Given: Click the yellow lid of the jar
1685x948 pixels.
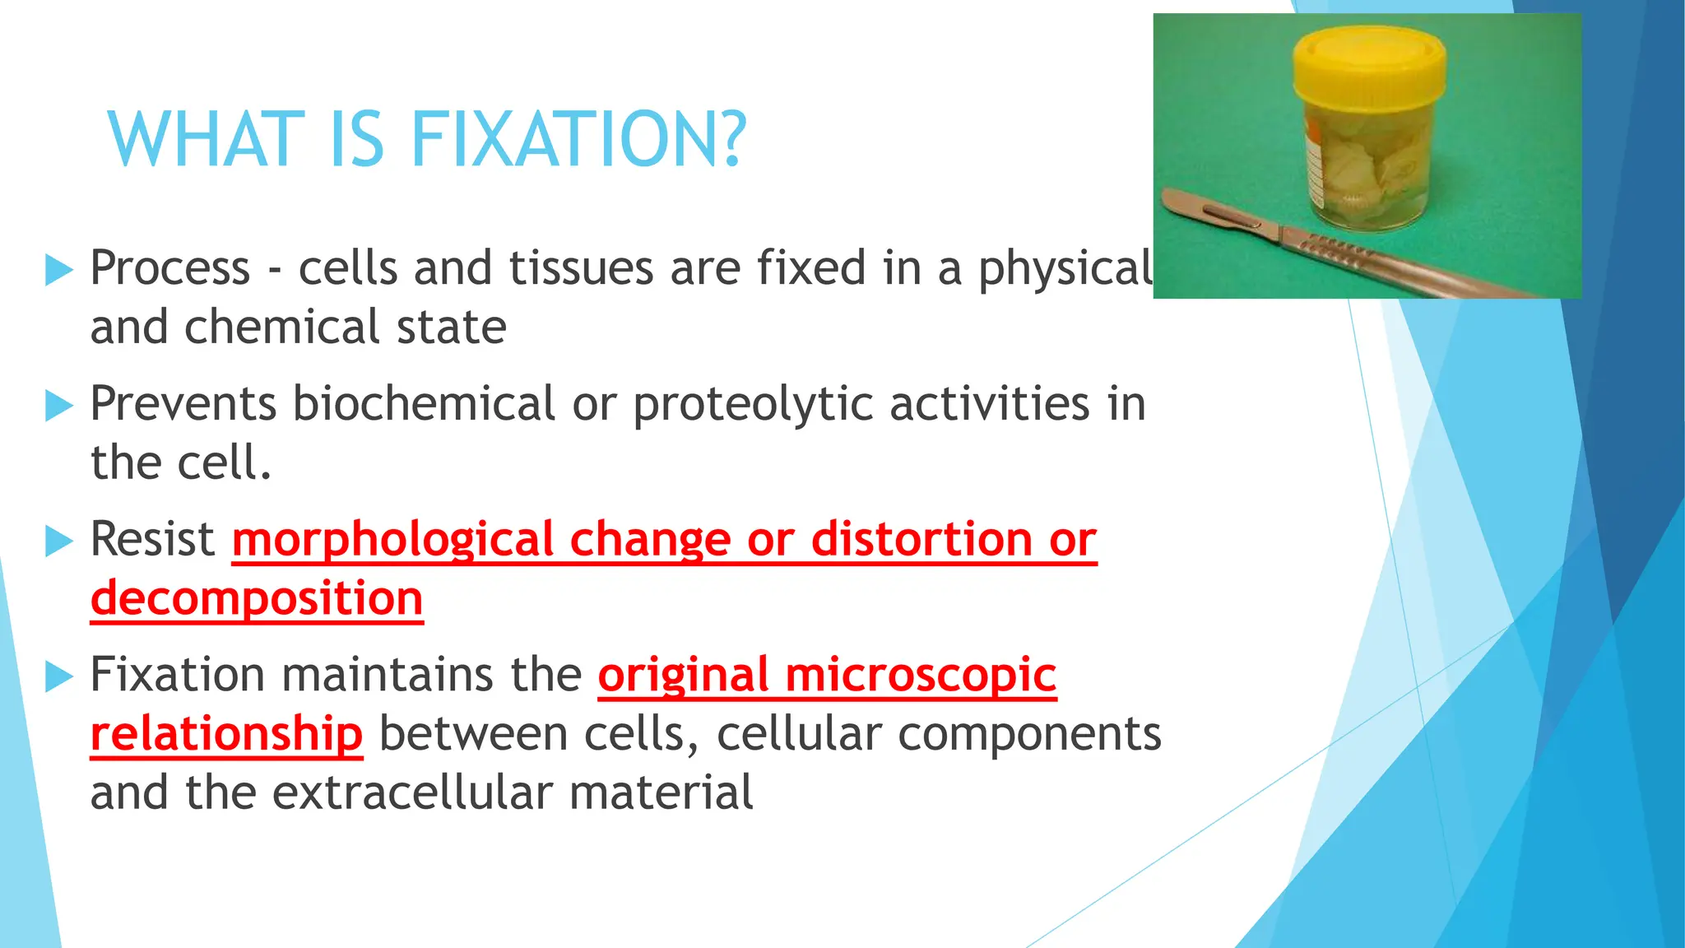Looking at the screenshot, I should (1368, 61).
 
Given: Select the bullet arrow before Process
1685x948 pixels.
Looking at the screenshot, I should (58, 270).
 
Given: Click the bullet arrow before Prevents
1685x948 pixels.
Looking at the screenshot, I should (58, 406).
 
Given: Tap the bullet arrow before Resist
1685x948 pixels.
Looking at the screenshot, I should (58, 541).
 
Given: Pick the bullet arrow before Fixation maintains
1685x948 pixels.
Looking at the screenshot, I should (58, 676).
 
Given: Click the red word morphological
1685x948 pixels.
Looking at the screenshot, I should (392, 541).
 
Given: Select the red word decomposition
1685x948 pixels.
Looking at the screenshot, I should (257, 599).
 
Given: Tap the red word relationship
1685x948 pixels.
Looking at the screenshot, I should (226, 734).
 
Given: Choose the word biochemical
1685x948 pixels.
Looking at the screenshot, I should (425, 404).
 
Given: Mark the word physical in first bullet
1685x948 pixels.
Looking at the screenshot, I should (1065, 270).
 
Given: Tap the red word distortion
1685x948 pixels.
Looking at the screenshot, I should (921, 541).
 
